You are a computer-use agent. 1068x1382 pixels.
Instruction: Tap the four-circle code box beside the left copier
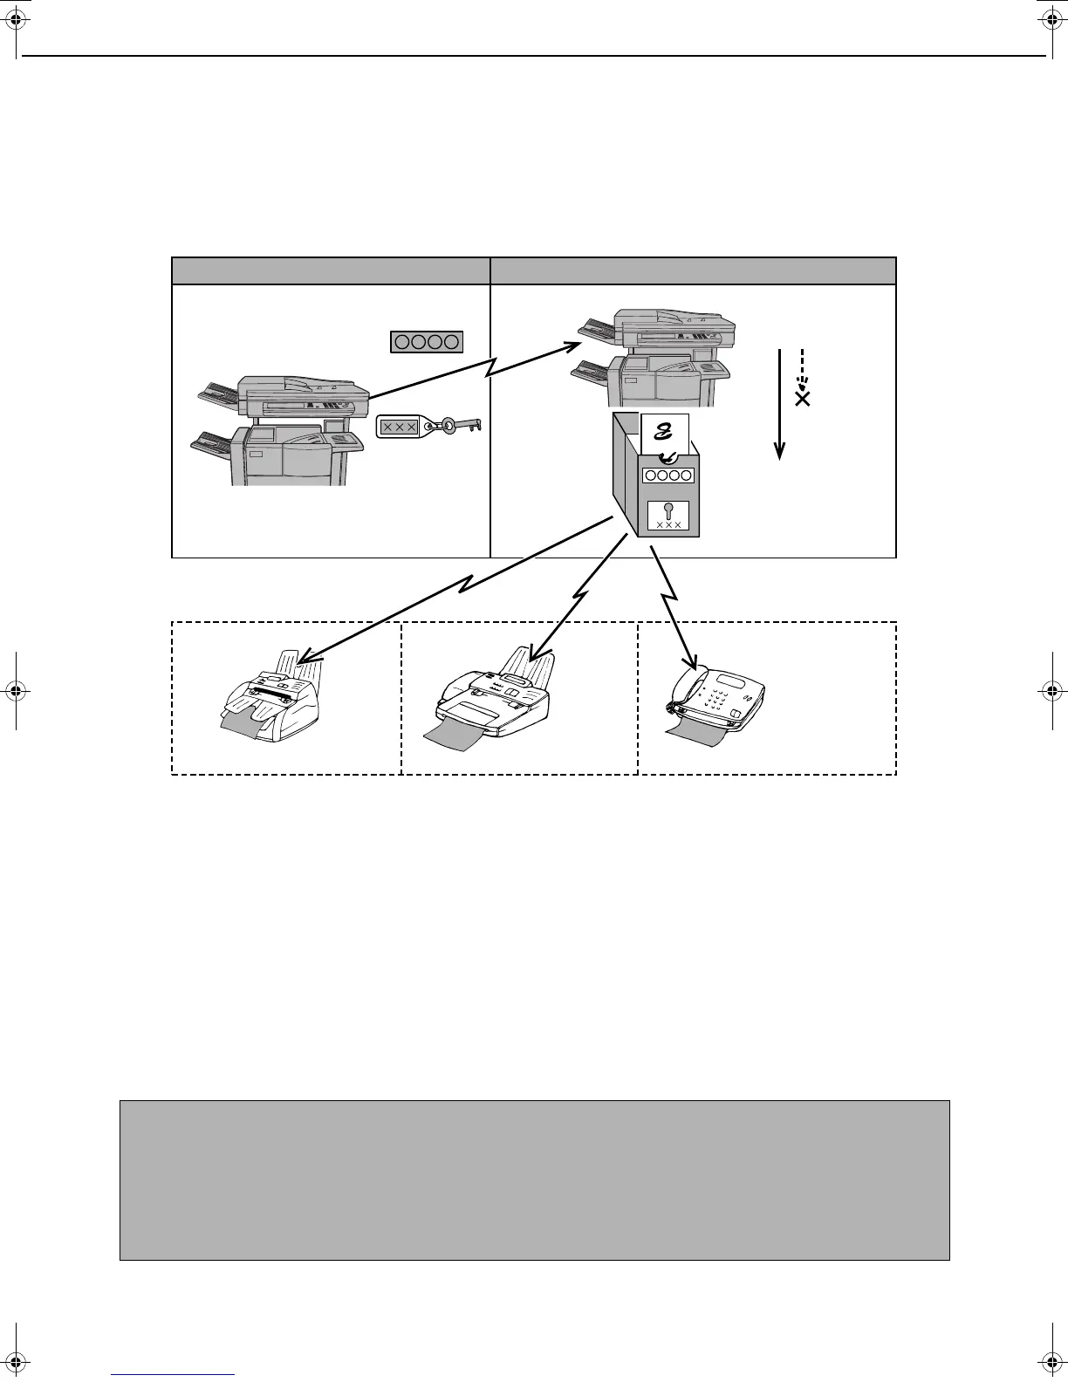point(426,342)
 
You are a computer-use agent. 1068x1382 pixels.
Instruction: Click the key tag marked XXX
point(400,427)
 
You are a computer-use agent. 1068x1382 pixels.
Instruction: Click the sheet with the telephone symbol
point(665,436)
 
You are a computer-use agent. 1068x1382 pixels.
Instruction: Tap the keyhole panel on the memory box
point(668,516)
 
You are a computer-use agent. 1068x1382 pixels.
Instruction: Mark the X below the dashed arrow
point(802,398)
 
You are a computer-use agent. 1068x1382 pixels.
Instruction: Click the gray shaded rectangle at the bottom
point(534,1180)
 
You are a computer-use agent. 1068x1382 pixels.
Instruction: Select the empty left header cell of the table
point(331,270)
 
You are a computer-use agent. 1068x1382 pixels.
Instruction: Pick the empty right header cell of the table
point(693,270)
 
